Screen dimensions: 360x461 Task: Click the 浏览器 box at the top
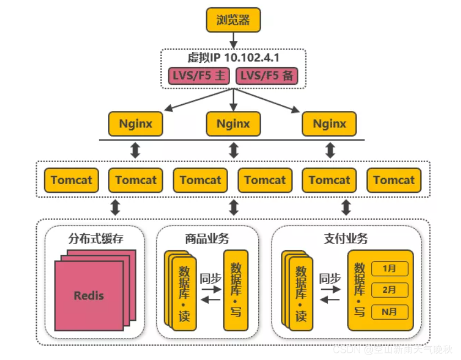click(x=233, y=20)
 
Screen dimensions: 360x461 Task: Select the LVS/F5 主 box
click(x=199, y=76)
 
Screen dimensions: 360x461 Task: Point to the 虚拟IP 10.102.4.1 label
click(x=233, y=58)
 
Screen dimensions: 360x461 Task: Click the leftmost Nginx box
click(x=135, y=123)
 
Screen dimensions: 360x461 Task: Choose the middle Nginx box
click(x=233, y=123)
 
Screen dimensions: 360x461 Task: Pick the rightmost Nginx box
click(x=329, y=123)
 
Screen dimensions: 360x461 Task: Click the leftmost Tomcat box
click(x=72, y=180)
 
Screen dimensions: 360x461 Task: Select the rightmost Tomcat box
click(x=394, y=180)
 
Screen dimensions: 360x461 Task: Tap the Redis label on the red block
click(x=89, y=295)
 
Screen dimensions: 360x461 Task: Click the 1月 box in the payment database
click(x=389, y=268)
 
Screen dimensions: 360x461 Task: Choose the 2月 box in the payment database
click(x=389, y=290)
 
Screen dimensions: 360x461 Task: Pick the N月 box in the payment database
click(x=389, y=311)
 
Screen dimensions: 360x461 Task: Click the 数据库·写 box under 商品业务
click(x=236, y=290)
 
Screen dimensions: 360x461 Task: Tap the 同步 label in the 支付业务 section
click(x=330, y=278)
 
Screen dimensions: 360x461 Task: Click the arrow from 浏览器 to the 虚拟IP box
click(x=233, y=40)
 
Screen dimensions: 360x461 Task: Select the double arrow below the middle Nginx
click(x=234, y=150)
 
